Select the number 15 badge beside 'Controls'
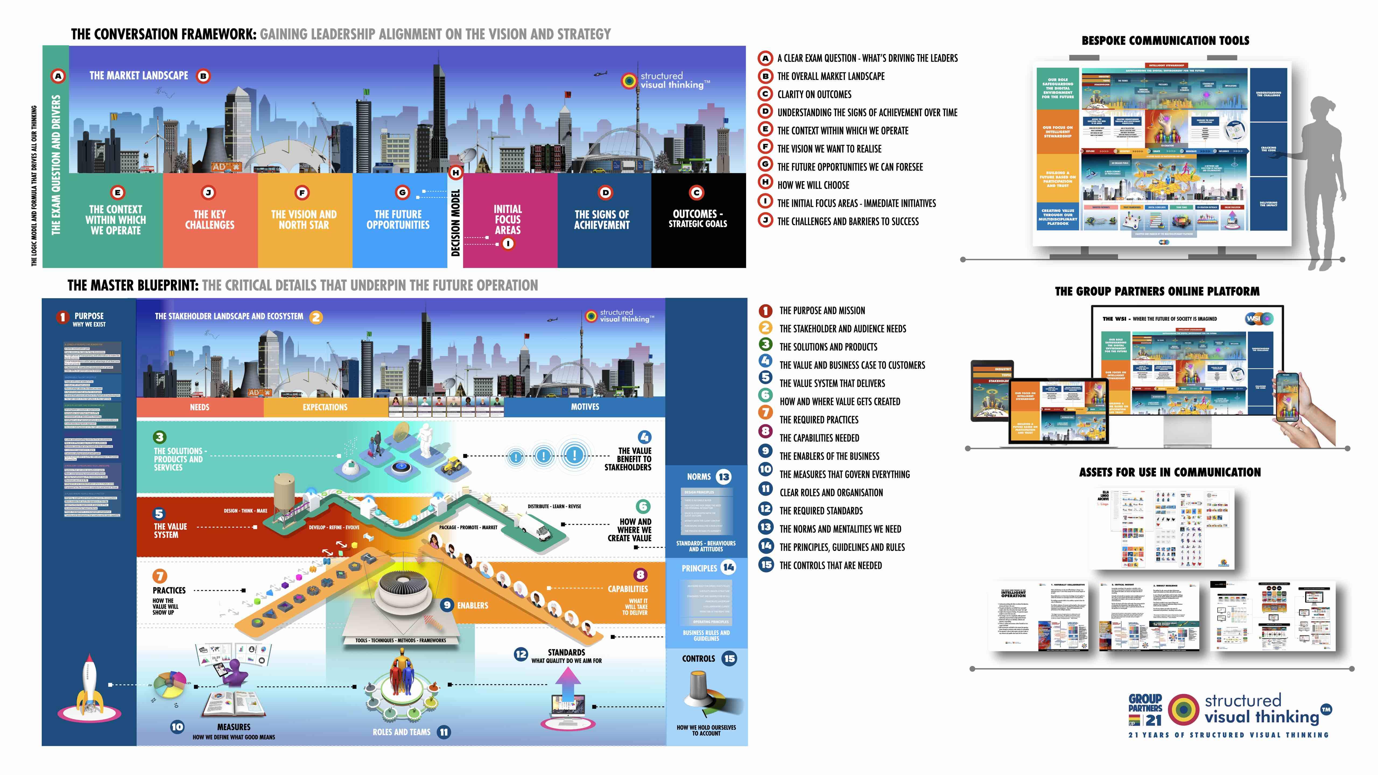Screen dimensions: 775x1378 (729, 658)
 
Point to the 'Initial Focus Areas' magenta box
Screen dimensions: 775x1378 (508, 219)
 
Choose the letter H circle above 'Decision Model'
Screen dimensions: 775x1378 (455, 173)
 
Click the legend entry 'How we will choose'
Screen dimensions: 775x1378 (813, 185)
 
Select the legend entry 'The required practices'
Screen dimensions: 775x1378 (818, 420)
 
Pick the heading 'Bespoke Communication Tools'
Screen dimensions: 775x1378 (1165, 41)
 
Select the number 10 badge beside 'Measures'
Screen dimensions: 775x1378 (177, 727)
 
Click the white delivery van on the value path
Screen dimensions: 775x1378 (536, 527)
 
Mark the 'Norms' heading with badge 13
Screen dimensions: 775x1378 (699, 477)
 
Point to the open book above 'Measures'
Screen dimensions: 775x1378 (233, 703)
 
